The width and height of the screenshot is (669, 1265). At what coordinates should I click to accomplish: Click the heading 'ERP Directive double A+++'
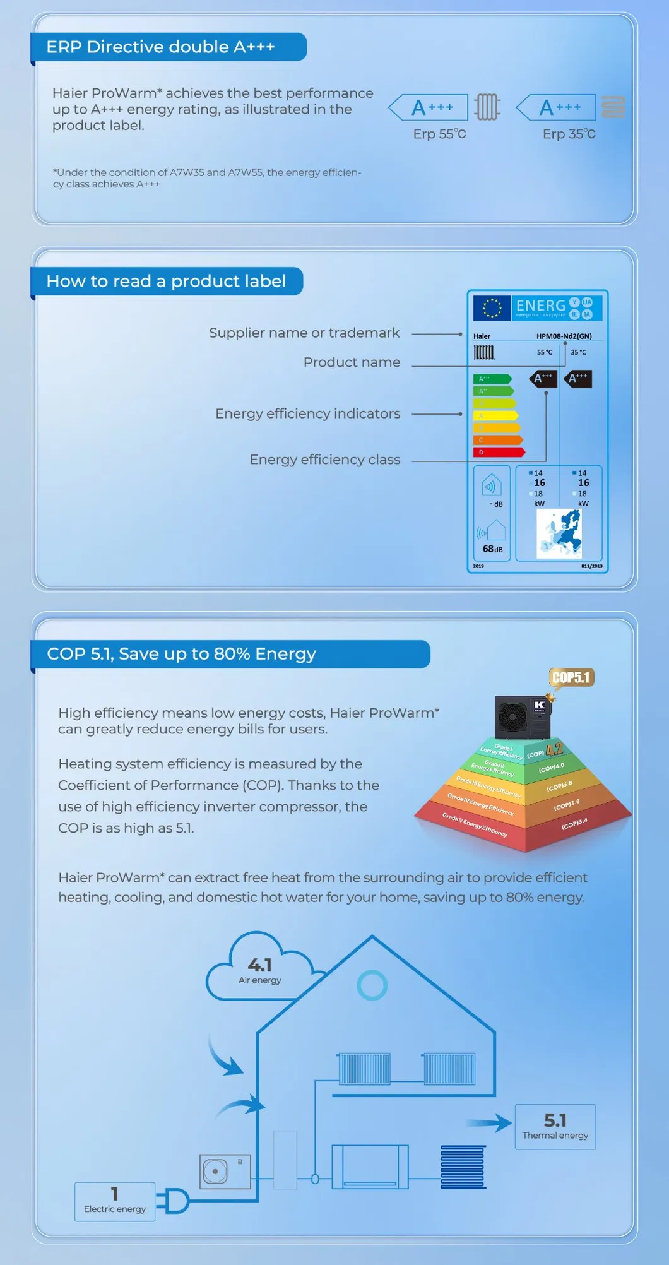click(x=160, y=47)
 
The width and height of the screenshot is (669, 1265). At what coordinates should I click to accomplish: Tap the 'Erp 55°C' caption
click(x=439, y=134)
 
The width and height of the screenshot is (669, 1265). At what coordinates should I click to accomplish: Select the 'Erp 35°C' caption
click(x=569, y=134)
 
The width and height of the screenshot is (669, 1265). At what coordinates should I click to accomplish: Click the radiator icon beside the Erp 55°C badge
click(x=487, y=107)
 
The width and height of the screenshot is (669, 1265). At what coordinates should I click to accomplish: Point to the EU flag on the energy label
click(x=492, y=308)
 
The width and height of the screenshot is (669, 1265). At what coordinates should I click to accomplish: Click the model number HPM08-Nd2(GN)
click(x=564, y=336)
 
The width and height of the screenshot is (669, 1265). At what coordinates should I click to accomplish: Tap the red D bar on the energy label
click(x=499, y=452)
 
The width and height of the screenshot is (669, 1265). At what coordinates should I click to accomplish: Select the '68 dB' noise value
click(x=492, y=549)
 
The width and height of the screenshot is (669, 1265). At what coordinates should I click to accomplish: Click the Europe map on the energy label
click(x=559, y=533)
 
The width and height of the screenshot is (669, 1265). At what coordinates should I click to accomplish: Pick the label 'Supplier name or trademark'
click(x=304, y=333)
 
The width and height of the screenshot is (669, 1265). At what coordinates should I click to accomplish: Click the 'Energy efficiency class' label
click(x=324, y=460)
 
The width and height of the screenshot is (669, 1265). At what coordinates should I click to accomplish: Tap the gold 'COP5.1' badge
click(x=571, y=677)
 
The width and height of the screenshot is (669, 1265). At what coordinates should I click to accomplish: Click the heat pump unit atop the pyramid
click(x=523, y=717)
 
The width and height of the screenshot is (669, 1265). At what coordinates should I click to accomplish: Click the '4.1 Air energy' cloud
click(x=259, y=969)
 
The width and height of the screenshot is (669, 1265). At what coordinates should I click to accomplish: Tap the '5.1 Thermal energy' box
click(x=555, y=1126)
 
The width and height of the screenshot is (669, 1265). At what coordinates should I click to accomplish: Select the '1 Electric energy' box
click(x=115, y=1201)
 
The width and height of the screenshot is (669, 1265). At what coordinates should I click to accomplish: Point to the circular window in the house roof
click(x=372, y=985)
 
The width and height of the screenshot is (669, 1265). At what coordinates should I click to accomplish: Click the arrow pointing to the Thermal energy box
click(x=490, y=1122)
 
